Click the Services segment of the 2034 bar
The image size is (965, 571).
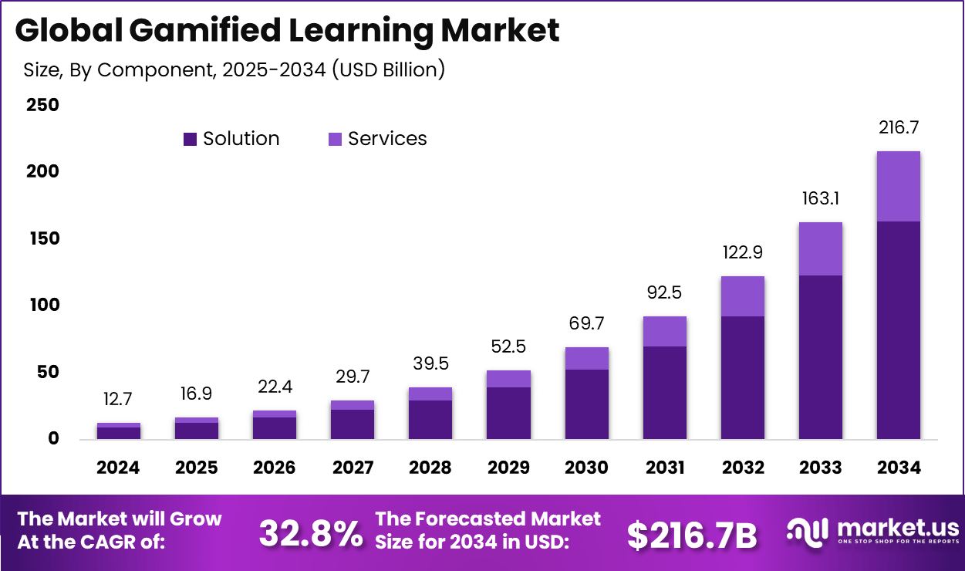pos(898,186)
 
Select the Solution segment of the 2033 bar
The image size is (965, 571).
pos(820,356)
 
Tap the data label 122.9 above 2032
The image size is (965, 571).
pos(743,252)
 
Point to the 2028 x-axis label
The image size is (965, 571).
pos(430,468)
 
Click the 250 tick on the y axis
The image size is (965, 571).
pos(43,105)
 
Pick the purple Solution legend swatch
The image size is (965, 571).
pos(190,139)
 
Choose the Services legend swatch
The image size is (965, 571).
pos(335,139)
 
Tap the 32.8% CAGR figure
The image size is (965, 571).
pos(310,533)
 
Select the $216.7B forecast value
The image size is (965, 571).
pos(691,535)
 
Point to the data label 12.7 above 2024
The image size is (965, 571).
pos(118,400)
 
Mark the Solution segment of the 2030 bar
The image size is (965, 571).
pos(586,404)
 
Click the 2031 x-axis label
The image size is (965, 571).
pos(665,468)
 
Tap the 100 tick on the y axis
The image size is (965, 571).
pos(43,306)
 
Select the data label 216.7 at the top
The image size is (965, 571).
pos(899,127)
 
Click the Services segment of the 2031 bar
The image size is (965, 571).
pos(665,331)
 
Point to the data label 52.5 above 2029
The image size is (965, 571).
pos(508,347)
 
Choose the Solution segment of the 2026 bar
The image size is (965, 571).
pos(275,428)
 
